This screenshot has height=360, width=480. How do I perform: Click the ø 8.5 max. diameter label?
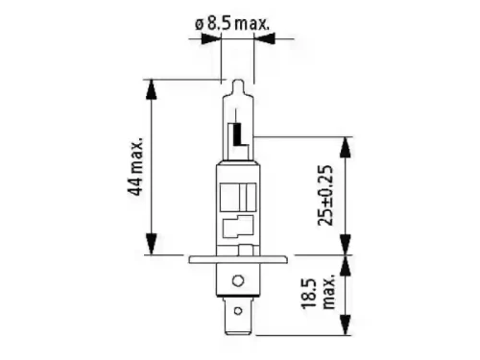232,24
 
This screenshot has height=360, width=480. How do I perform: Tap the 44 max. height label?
135,166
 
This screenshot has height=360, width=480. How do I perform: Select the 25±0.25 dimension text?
325,195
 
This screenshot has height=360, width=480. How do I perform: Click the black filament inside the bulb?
239,134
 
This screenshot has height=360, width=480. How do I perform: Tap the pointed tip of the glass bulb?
237,81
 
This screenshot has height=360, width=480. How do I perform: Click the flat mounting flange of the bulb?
237,259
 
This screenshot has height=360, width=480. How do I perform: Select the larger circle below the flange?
238,281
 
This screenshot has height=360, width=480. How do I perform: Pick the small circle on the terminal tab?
238,311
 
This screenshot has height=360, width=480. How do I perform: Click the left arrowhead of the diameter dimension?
211,39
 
